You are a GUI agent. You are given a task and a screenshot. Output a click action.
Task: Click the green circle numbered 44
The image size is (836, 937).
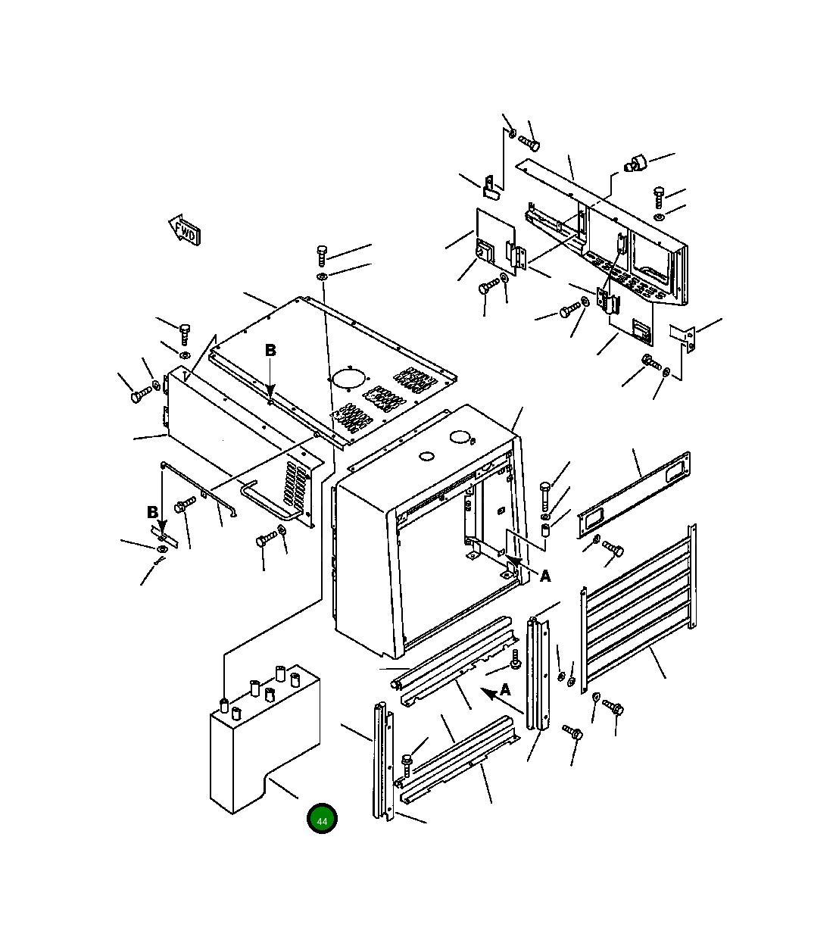point(322,820)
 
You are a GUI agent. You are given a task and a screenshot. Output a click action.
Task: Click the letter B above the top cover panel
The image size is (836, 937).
point(270,351)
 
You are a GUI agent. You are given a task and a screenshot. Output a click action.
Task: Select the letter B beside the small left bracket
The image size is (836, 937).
point(153,513)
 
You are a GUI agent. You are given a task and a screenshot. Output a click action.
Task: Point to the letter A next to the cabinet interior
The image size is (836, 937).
point(544,576)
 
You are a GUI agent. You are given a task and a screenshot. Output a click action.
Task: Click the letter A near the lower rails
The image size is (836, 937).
point(505,690)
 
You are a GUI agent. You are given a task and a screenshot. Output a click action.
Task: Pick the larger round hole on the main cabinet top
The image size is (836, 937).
point(460,437)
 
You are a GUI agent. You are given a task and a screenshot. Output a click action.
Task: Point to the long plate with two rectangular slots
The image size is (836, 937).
point(634,495)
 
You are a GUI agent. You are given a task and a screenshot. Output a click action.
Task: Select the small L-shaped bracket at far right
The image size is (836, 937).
point(684,337)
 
